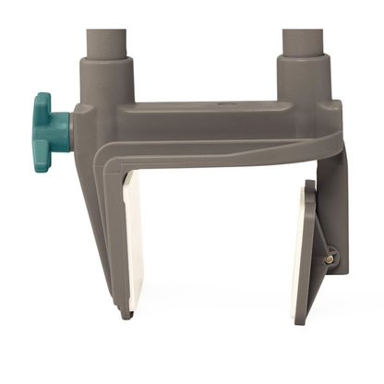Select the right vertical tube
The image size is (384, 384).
tap(301, 28)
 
